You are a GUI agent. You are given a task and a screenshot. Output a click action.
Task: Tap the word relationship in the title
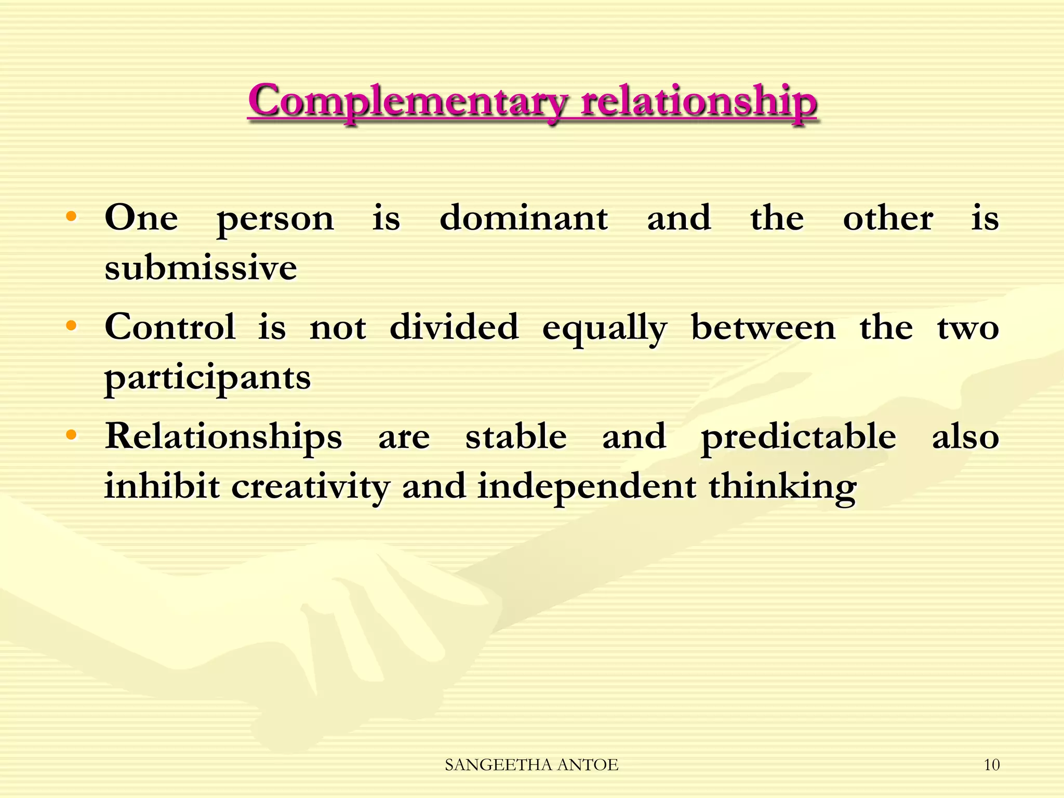coord(699,101)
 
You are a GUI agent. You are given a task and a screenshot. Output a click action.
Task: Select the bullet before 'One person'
coord(71,216)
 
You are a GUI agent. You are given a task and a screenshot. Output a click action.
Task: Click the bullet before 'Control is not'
coord(71,326)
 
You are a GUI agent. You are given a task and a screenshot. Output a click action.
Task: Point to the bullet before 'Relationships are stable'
coord(71,434)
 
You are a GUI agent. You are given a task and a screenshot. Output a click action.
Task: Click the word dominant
coord(524,218)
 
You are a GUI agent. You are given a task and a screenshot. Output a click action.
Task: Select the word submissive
coord(201,268)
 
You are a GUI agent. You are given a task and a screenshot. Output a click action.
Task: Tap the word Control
coord(170,327)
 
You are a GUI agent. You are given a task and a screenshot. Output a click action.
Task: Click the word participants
coord(207,378)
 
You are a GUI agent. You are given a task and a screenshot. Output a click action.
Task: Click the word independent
coord(587,487)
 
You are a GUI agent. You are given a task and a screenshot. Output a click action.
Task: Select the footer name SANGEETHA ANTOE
coord(531,765)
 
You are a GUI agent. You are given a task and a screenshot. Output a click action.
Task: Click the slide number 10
coord(992,765)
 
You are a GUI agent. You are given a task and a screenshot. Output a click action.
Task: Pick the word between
coord(763,327)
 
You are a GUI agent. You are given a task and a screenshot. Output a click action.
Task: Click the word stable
coord(516,436)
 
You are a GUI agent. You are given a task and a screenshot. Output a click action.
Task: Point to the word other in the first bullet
coord(888,218)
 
